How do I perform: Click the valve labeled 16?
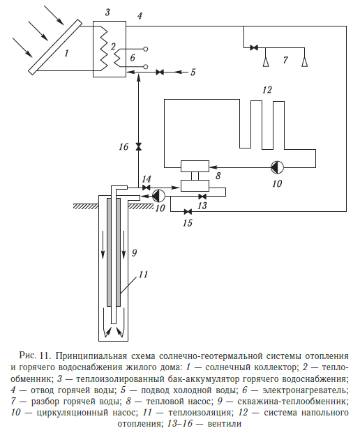[x=138, y=146]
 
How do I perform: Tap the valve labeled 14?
[x=146, y=188]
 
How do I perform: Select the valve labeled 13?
[x=202, y=197]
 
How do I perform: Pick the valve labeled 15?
[x=188, y=212]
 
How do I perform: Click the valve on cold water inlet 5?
[x=160, y=72]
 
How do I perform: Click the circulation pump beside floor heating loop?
[x=277, y=167]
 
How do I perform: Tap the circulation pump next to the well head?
[x=158, y=196]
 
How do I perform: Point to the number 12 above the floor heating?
[x=267, y=90]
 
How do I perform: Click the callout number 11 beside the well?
[x=143, y=275]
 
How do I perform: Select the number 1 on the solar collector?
[x=66, y=53]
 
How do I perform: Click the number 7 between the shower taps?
[x=285, y=60]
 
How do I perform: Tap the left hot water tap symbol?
[x=266, y=61]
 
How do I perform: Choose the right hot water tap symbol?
[x=304, y=61]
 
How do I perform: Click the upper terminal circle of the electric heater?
[x=145, y=49]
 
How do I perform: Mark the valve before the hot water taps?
[x=254, y=47]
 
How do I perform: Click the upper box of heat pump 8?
[x=195, y=166]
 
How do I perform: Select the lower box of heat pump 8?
[x=195, y=185]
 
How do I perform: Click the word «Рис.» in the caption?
[x=28, y=356]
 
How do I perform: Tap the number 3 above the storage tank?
[x=107, y=13]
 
